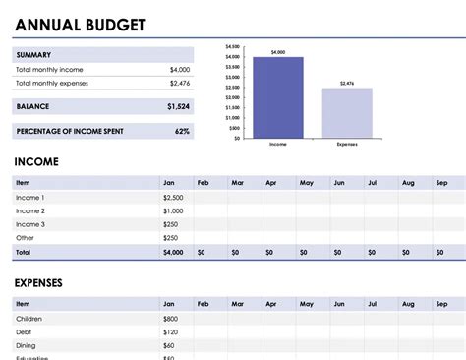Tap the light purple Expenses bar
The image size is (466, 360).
click(x=347, y=112)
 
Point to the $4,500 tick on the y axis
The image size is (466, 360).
click(x=233, y=46)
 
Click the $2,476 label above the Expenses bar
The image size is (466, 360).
click(x=347, y=84)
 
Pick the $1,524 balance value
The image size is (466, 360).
click(x=178, y=105)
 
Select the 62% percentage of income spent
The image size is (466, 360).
click(x=182, y=130)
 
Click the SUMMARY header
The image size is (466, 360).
click(x=34, y=55)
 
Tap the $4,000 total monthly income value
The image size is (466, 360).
click(x=179, y=70)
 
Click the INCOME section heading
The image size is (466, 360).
click(x=36, y=161)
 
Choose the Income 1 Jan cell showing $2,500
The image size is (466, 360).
click(x=173, y=198)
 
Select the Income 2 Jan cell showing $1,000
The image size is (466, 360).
click(x=173, y=211)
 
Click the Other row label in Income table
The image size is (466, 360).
click(x=25, y=238)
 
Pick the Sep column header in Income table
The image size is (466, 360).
click(x=441, y=182)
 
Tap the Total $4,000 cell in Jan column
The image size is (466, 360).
click(x=173, y=253)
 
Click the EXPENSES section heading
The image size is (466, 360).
click(x=39, y=283)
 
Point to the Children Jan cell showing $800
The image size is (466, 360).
click(x=171, y=319)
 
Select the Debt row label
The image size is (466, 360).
click(x=24, y=332)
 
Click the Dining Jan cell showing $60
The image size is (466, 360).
click(x=169, y=346)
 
